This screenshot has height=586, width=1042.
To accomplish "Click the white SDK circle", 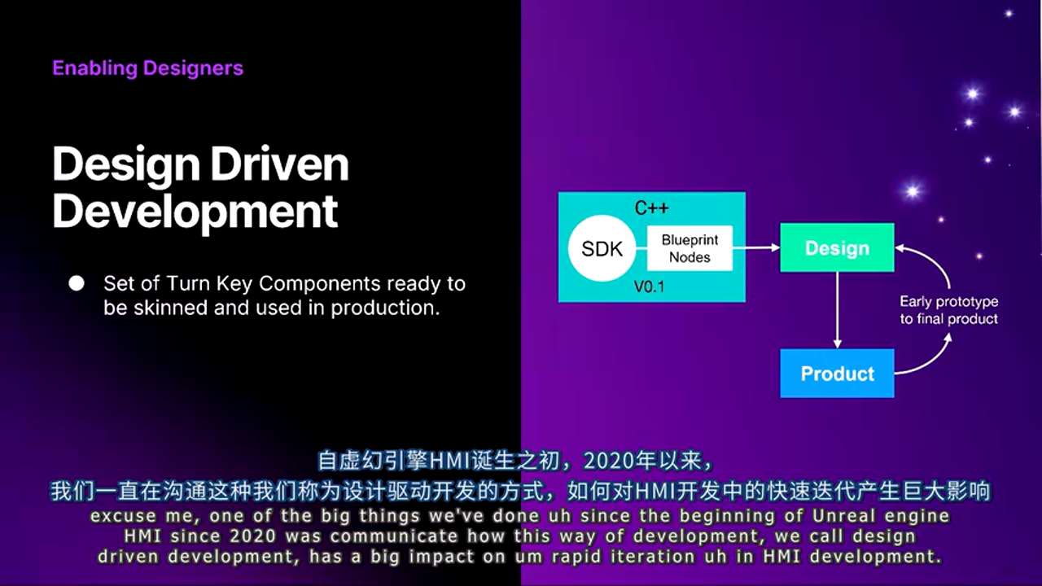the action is coord(602,248).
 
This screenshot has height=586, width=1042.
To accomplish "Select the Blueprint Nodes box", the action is coord(690,248).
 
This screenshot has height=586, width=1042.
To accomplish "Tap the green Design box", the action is coord(837,248).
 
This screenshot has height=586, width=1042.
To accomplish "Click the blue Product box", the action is coord(837,374).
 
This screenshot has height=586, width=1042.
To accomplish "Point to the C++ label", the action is coord(652,208).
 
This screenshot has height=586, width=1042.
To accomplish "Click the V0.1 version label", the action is coord(650,286).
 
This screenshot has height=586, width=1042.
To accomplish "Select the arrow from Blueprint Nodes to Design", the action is coord(756,248).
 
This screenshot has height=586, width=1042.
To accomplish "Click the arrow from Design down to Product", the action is coord(838,310).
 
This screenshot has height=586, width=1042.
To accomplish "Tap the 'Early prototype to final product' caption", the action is coord(949,310).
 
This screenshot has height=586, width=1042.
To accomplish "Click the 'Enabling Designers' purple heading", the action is coord(148,68).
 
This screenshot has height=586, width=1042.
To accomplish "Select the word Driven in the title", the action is coord(280,164).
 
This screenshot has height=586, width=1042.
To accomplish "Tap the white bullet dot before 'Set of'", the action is coord(77,283).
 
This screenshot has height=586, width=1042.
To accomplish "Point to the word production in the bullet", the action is coord(385,308).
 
